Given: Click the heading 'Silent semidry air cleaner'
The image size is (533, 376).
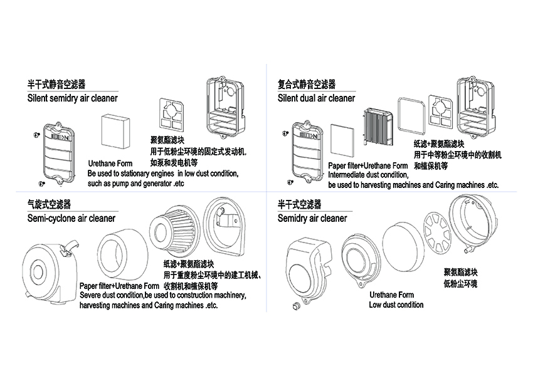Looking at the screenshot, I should (72, 98).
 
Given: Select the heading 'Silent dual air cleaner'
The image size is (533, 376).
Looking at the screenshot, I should (316, 98).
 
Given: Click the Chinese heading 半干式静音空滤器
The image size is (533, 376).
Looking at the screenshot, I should (56, 84).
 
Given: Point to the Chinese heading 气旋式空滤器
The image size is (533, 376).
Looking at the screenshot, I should (50, 204).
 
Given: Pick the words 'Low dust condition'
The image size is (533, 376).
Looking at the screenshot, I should (396, 305).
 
